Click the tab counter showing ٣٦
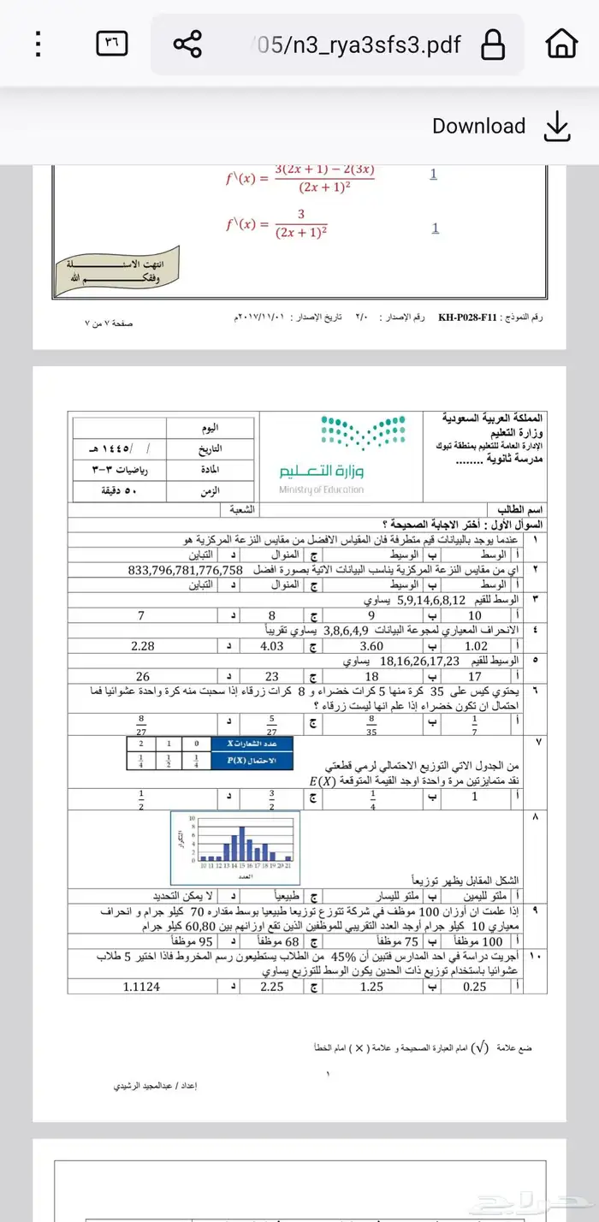[112, 42]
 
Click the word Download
[478, 126]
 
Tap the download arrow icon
[556, 126]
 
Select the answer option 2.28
[143, 647]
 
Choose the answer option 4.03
[271, 647]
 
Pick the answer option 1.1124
[141, 987]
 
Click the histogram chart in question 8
[234, 849]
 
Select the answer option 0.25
[474, 987]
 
